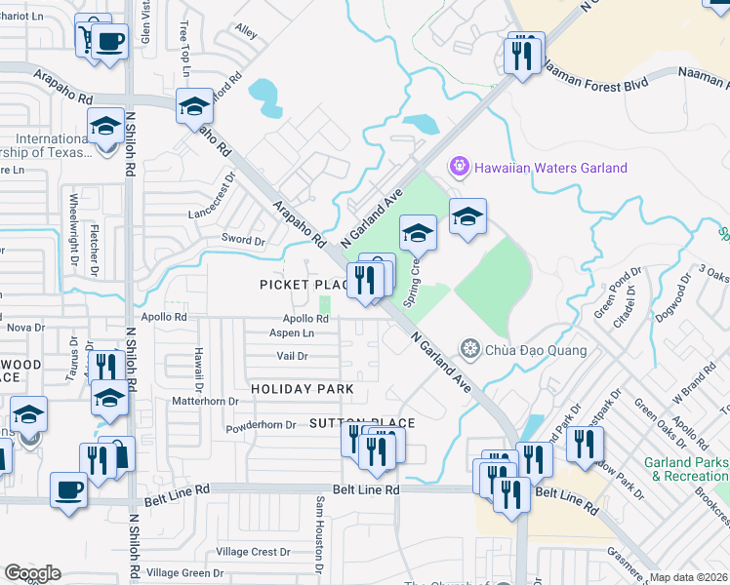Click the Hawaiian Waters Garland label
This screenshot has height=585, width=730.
[x=550, y=168]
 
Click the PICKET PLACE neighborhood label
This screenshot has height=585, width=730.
[x=304, y=284]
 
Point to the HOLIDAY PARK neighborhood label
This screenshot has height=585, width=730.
[x=302, y=389]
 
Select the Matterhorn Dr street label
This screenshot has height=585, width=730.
[x=205, y=401]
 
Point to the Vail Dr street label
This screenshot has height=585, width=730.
[x=292, y=357]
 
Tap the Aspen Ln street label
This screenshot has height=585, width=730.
[x=291, y=333]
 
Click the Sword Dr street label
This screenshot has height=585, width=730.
[x=243, y=240]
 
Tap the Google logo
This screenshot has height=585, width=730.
[x=32, y=573]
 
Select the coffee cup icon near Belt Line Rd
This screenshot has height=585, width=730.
[x=68, y=489]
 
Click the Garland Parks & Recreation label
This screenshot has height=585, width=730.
[x=686, y=469]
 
